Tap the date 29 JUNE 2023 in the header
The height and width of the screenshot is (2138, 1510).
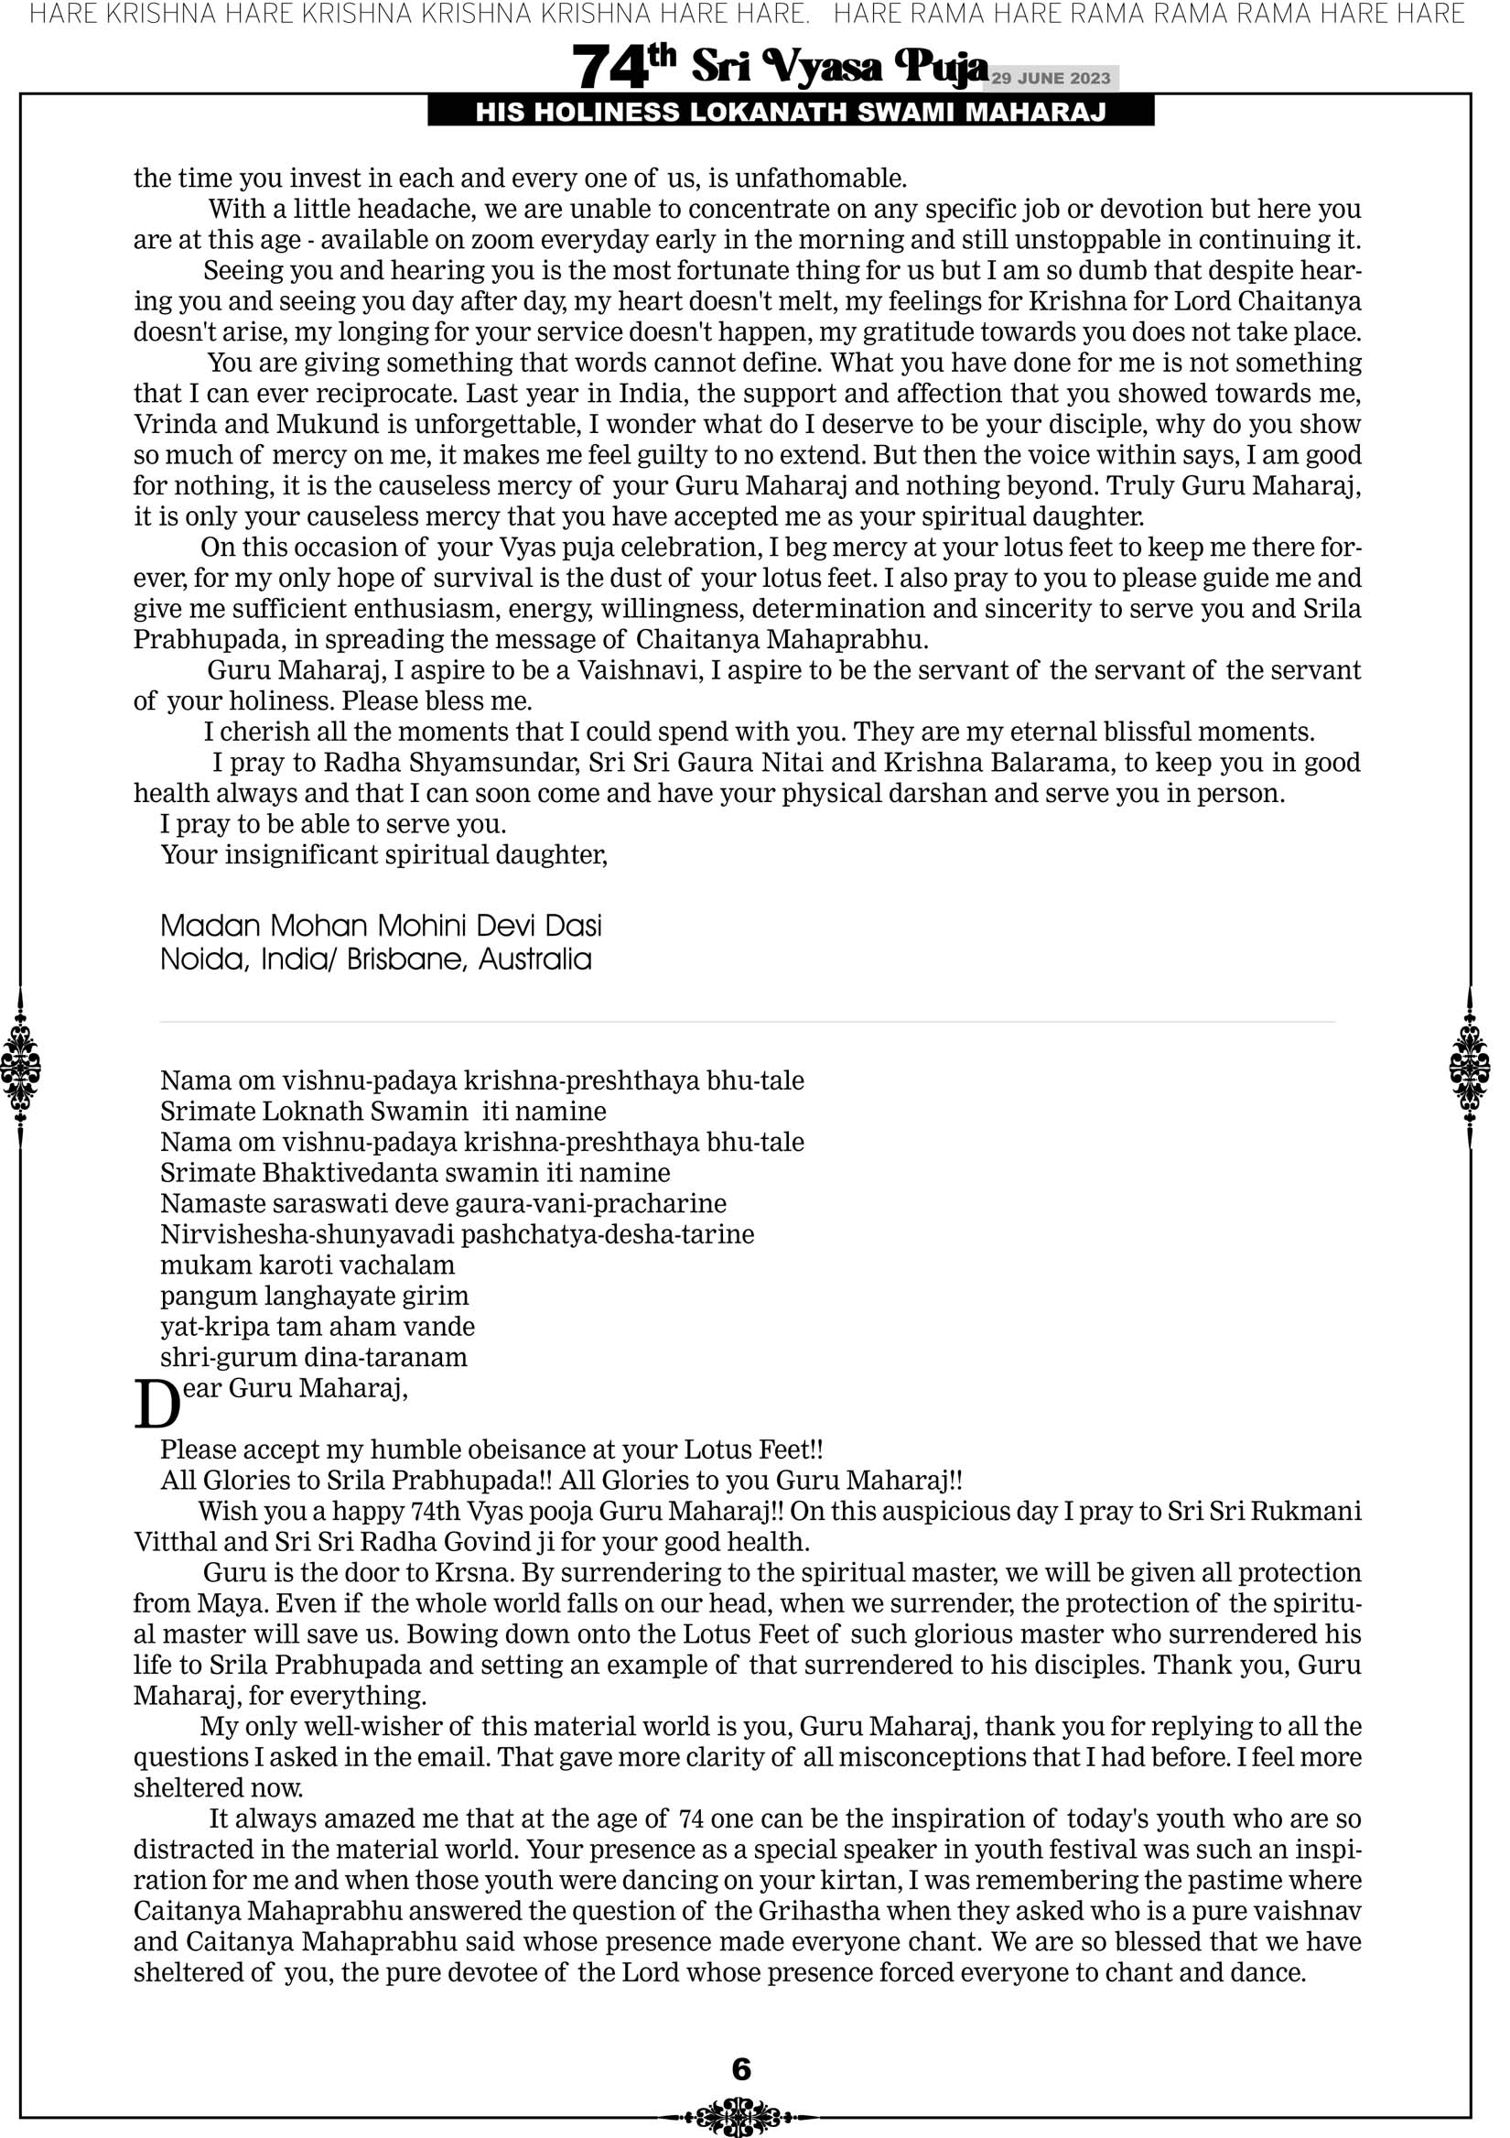tap(1051, 78)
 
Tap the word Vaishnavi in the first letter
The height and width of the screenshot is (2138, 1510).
tap(639, 670)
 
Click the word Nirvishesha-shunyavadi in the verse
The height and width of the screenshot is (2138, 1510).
tap(307, 1234)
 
